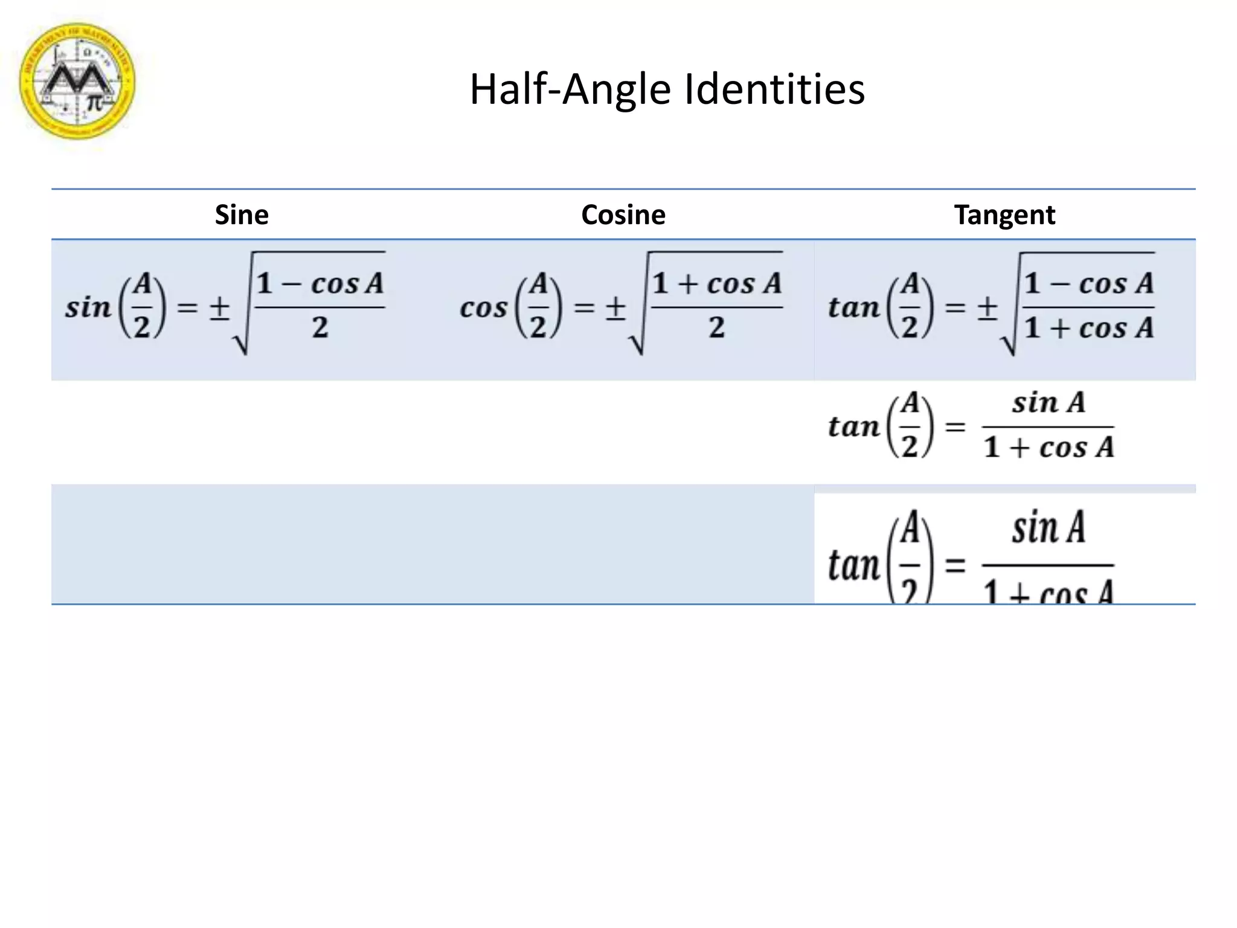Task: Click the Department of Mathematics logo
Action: tap(77, 82)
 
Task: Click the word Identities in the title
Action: tap(774, 89)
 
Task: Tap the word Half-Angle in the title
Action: tap(570, 89)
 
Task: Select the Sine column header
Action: tap(242, 215)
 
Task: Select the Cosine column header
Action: tap(623, 215)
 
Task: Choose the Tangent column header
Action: tap(1004, 215)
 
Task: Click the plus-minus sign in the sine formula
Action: tap(219, 308)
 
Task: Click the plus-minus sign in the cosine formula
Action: tap(615, 308)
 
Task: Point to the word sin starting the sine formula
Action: tap(88, 308)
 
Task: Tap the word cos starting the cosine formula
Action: tap(483, 308)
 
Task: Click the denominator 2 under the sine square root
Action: tap(320, 328)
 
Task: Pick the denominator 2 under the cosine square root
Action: tap(716, 328)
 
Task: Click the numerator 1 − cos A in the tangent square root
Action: tap(1088, 283)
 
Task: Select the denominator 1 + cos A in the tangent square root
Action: tap(1088, 328)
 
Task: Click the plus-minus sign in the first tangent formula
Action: tap(987, 308)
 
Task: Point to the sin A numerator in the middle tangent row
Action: tap(1049, 403)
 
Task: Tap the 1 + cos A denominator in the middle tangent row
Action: tap(1049, 448)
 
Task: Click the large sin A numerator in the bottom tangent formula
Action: tap(1049, 528)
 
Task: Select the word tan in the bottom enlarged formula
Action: tap(853, 566)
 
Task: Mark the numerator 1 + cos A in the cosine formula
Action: tap(717, 283)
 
